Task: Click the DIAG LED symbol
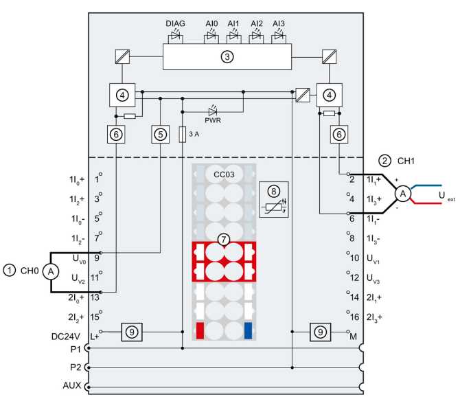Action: [x=175, y=35]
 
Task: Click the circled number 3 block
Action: [x=227, y=56]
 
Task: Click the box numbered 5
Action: [x=161, y=135]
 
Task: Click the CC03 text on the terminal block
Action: [x=223, y=174]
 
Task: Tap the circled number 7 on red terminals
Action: [x=222, y=239]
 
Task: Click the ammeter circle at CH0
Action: [x=50, y=271]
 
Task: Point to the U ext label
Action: [x=446, y=196]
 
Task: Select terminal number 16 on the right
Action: [x=355, y=316]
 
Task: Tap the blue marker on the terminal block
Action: [x=248, y=331]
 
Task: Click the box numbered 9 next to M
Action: [x=321, y=331]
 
